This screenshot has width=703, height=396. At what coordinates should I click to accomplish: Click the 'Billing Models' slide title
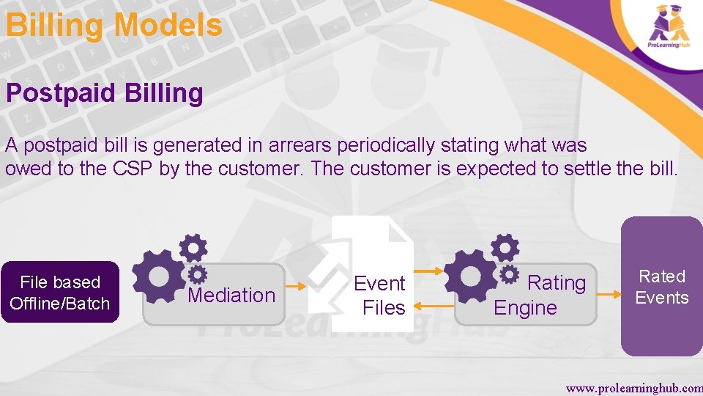tap(114, 25)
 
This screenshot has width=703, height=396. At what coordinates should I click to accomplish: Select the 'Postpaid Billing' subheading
tap(104, 93)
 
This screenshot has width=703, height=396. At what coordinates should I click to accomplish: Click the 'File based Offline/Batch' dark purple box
tap(60, 293)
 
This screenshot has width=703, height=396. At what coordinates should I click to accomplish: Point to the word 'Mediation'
tap(231, 295)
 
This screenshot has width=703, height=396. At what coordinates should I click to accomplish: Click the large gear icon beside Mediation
tap(157, 276)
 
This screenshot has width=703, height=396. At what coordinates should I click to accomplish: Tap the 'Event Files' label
tap(379, 295)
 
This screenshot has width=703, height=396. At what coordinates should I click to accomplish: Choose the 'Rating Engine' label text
tap(540, 295)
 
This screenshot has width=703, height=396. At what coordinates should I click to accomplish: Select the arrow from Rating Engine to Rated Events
tap(609, 293)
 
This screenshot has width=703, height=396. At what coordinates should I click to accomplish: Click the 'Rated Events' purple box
tap(661, 287)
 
